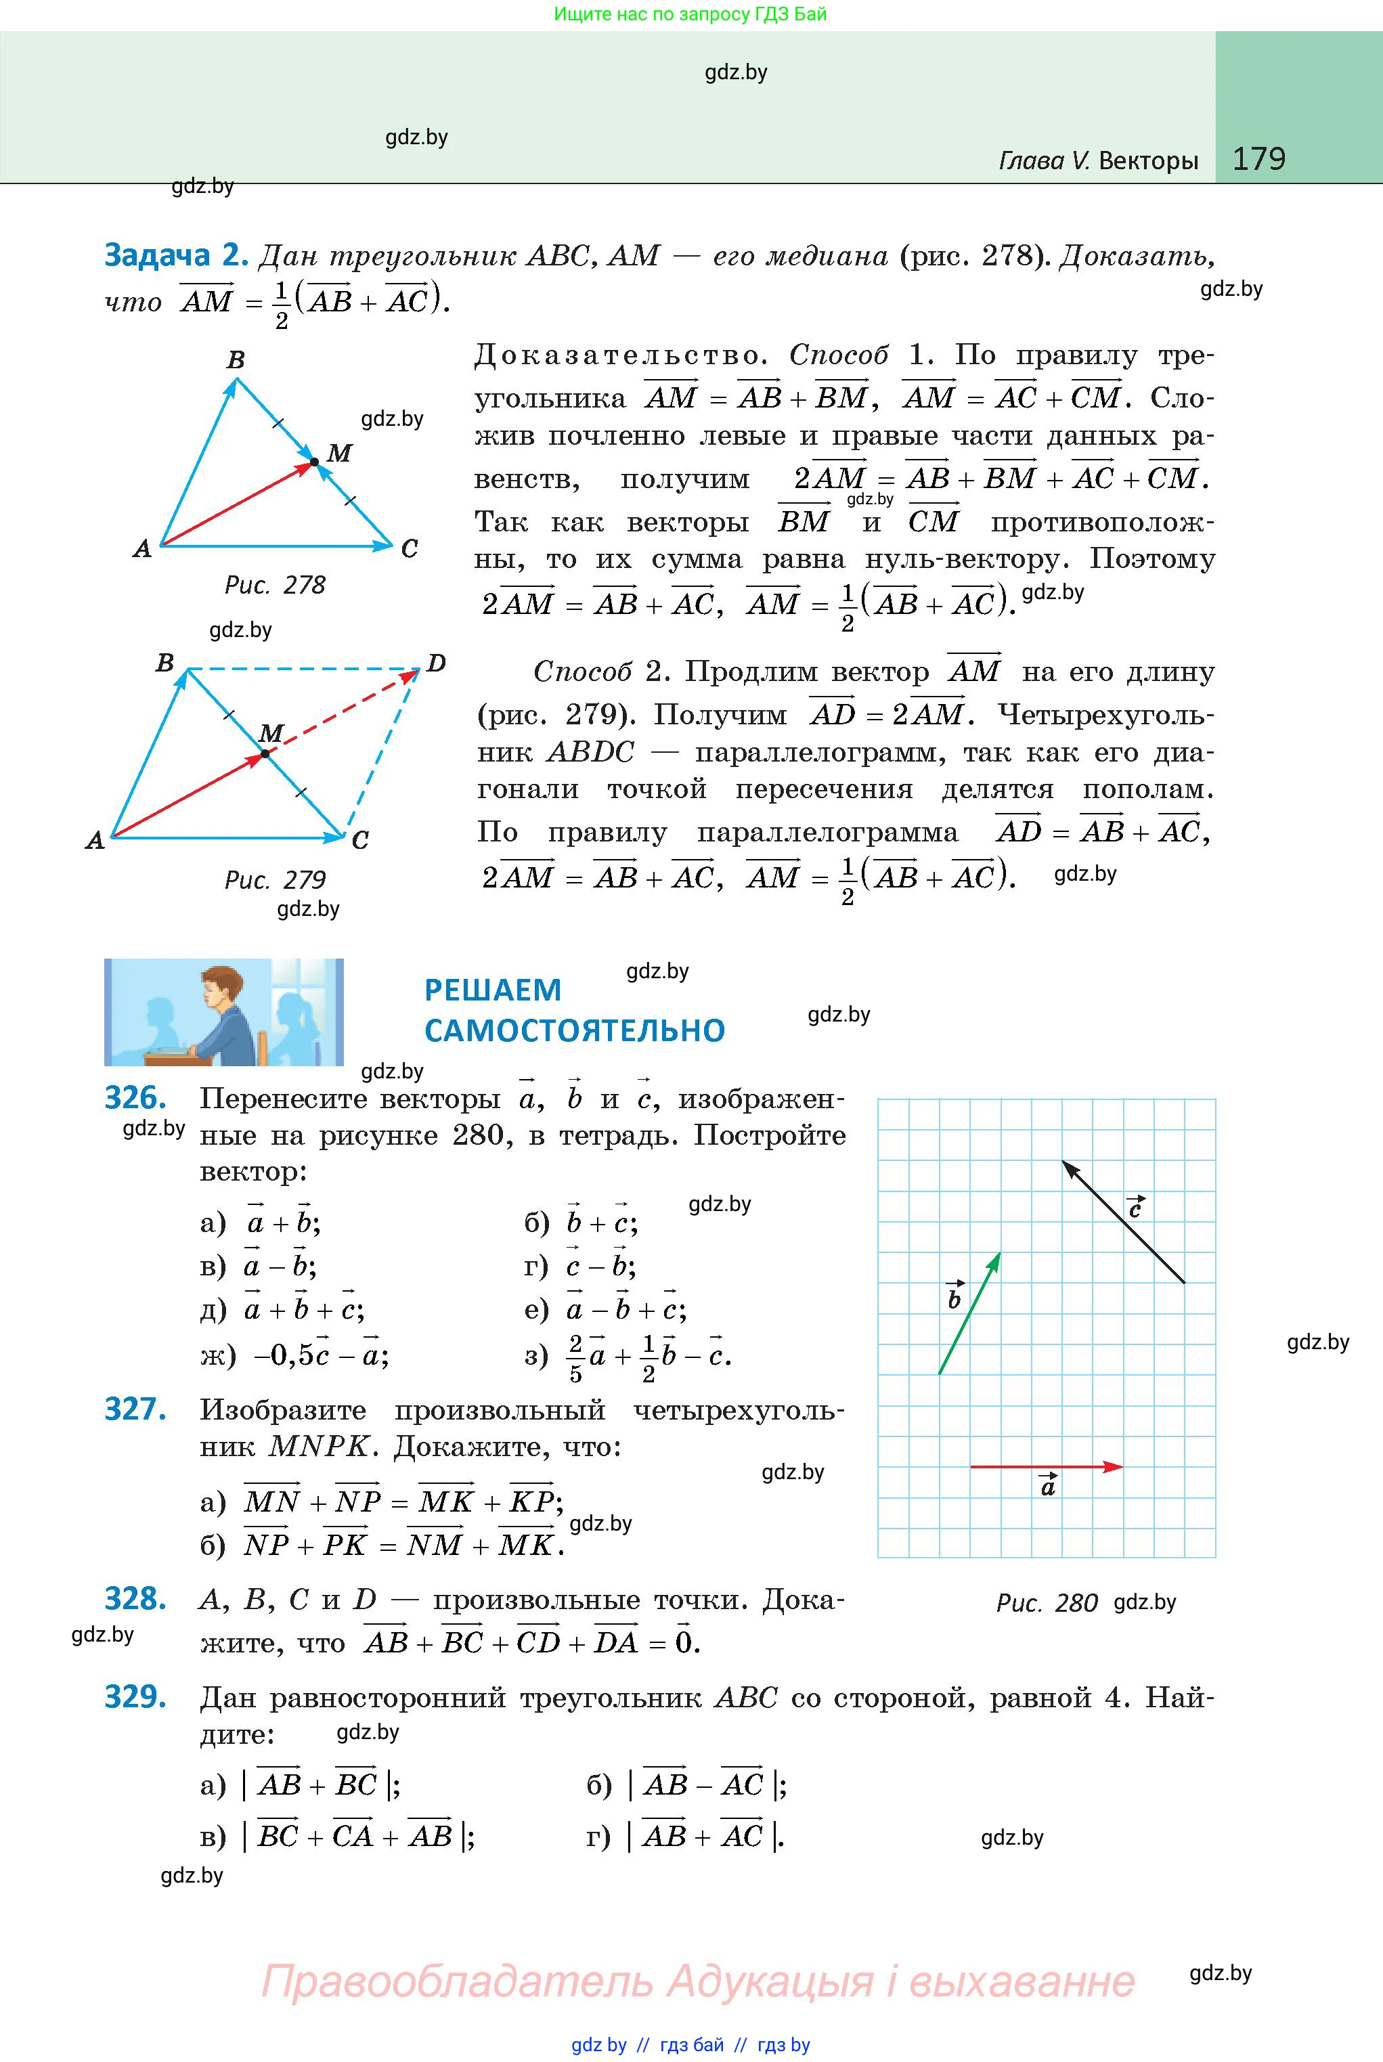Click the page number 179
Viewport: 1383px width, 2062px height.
1258,159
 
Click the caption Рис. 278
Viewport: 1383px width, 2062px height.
276,586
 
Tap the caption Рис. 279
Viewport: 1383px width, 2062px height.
276,880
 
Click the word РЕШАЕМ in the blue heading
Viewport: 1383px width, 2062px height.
493,990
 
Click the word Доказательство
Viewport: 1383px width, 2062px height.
617,356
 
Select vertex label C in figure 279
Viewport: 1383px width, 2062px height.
360,841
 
